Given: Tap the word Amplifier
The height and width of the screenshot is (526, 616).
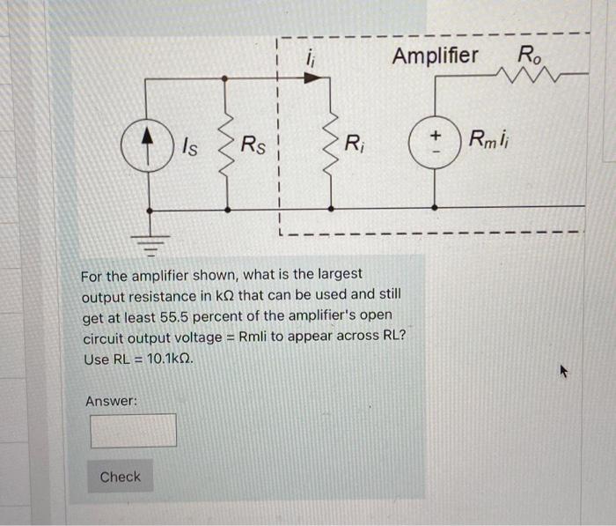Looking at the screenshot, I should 435,56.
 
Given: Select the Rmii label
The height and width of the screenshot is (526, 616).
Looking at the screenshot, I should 495,139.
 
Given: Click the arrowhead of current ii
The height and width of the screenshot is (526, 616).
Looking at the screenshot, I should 309,78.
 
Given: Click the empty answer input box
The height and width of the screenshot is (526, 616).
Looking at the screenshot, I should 133,430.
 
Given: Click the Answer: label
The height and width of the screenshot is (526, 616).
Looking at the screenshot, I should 111,402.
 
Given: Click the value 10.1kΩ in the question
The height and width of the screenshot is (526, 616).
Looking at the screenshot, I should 165,359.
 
